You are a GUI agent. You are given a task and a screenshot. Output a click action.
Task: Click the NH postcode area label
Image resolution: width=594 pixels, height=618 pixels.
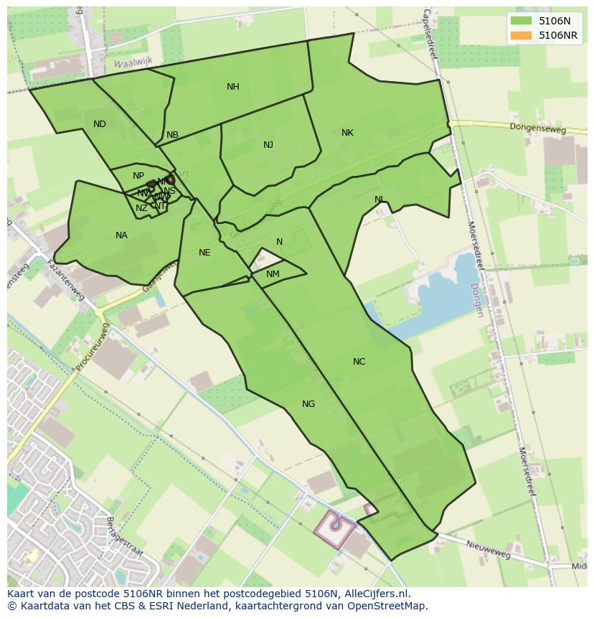click(232, 87)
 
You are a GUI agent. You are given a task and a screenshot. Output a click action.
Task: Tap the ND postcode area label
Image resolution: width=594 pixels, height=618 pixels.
click(100, 124)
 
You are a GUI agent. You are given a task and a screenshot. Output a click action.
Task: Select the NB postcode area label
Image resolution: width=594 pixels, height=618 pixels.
click(172, 135)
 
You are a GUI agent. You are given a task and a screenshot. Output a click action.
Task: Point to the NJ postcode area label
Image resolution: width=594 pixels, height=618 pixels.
click(268, 145)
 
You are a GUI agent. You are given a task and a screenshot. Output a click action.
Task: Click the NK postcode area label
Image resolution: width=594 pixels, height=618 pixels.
click(347, 133)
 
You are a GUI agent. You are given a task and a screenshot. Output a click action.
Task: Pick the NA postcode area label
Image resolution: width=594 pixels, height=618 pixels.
click(121, 235)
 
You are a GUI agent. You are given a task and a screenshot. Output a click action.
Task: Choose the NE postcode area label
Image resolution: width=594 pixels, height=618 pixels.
click(204, 253)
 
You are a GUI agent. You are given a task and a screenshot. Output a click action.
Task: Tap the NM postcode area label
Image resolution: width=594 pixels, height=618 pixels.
click(273, 274)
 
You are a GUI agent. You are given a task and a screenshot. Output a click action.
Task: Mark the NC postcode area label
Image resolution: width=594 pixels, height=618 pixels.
click(359, 362)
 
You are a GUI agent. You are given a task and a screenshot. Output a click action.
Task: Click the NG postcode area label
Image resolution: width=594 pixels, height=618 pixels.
click(308, 404)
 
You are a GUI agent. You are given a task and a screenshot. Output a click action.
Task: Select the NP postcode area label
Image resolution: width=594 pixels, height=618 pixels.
click(138, 176)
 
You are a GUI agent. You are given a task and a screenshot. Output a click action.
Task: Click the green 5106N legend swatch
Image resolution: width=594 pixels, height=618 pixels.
click(522, 21)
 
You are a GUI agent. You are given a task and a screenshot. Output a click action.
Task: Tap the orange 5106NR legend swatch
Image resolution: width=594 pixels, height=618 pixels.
click(522, 35)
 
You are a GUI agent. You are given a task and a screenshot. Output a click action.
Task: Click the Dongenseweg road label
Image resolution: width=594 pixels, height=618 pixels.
click(537, 128)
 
